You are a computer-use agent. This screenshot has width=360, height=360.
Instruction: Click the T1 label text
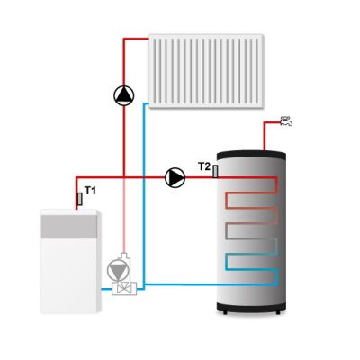(90, 191)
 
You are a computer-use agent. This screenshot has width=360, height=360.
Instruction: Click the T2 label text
(204, 166)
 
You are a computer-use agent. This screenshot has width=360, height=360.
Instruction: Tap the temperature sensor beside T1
(80, 199)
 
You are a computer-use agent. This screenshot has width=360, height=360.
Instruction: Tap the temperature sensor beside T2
(215, 171)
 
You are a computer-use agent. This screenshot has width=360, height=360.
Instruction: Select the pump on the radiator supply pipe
(124, 96)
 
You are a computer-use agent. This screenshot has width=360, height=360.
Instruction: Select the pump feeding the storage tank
(175, 177)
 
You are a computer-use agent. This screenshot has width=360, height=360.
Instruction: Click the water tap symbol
(286, 121)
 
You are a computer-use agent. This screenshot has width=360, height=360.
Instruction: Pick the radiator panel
(206, 71)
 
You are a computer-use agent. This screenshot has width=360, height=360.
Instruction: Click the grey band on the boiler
(69, 227)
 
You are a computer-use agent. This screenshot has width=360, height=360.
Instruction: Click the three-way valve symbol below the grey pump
(124, 289)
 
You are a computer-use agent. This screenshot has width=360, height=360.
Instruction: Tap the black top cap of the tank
(251, 155)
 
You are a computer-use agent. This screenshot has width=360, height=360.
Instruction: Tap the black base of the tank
(251, 307)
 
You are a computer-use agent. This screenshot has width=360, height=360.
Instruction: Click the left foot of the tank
(225, 312)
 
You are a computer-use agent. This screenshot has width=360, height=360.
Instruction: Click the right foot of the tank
(278, 312)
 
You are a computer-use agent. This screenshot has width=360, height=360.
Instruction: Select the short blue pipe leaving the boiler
(106, 289)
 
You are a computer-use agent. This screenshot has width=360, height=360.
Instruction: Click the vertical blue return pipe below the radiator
(144, 196)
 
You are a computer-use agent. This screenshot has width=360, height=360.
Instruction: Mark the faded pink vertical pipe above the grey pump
(124, 215)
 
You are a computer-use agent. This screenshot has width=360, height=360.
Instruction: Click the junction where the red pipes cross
(124, 177)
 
